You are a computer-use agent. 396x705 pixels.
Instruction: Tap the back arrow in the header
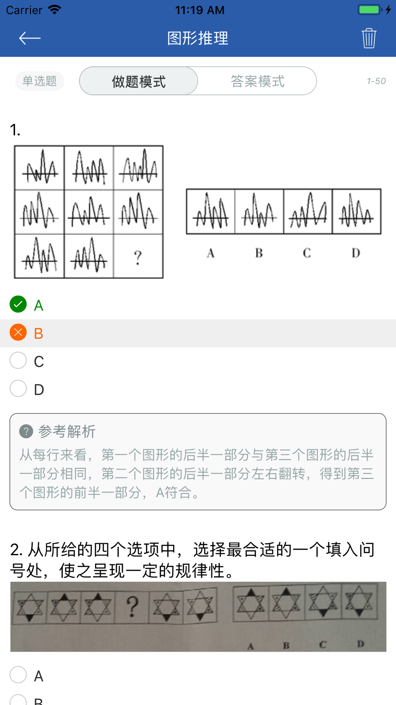point(30,38)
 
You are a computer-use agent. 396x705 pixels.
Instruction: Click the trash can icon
point(369,38)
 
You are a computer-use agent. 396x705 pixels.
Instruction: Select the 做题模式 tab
point(139,81)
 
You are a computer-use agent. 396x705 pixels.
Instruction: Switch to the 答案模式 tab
point(257,81)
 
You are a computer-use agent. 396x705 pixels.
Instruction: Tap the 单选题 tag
point(40,81)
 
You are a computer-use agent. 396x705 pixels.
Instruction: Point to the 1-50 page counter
point(376,81)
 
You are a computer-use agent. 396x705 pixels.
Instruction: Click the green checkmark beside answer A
point(18,304)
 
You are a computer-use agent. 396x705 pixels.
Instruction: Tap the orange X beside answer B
point(18,332)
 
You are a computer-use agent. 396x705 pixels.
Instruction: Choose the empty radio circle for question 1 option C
point(18,360)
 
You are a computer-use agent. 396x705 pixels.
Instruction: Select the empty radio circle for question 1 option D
point(18,389)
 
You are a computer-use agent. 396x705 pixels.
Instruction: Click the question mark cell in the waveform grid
point(138,256)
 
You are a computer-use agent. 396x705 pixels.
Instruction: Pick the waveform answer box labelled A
point(211,211)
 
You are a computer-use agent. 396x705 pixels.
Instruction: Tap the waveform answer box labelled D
point(356,211)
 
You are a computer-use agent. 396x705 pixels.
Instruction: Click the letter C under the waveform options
point(307,253)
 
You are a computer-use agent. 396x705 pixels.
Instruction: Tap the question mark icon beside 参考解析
point(26,431)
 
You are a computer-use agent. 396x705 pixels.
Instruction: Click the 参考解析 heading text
point(67,431)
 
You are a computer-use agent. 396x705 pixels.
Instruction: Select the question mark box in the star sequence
point(132,607)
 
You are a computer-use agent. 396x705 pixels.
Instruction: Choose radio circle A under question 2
point(18,674)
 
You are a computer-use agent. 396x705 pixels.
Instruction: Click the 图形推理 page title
point(198,38)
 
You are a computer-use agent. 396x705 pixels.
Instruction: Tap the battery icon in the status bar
point(370,10)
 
